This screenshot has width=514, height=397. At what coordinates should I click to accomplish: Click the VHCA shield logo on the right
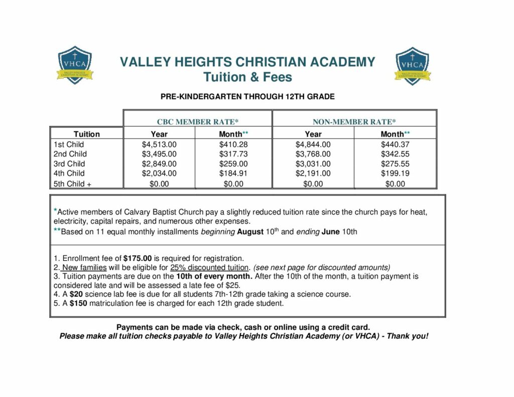pos(412,65)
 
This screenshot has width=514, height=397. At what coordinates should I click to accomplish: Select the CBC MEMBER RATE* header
pos(198,121)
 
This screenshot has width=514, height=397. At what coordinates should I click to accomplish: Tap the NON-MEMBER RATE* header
pos(354,121)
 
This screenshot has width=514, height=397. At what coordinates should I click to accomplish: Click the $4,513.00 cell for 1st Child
pos(159,145)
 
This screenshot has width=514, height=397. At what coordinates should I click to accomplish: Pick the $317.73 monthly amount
pos(233,154)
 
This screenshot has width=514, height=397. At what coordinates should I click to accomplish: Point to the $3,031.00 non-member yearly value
pos(313,164)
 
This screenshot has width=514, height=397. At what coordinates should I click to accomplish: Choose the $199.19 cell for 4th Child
pos(395,173)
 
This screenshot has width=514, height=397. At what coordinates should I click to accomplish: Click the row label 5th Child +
pos(72,184)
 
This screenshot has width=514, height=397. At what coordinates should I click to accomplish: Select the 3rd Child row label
pos(69,164)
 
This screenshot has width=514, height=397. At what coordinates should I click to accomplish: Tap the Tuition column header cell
pos(86,134)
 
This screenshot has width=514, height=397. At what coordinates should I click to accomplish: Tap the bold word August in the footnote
pos(250,232)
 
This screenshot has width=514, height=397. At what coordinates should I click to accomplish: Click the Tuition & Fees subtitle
pos(247,77)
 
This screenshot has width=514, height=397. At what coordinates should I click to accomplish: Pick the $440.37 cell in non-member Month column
pos(395,145)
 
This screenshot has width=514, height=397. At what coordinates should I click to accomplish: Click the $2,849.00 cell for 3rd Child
pos(159,164)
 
